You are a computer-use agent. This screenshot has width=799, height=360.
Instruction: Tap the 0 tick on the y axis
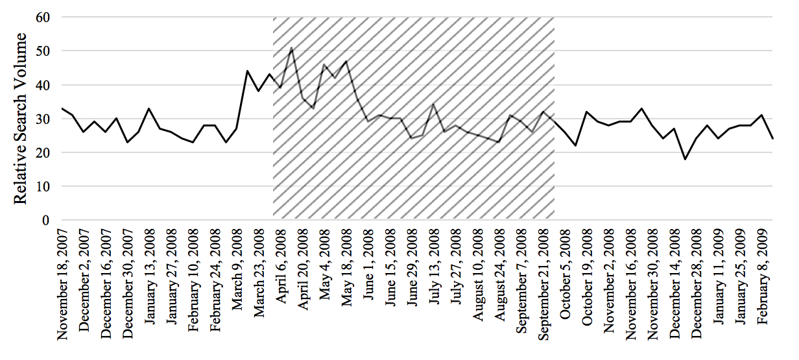[47, 221]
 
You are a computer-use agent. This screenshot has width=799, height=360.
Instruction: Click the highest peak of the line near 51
[292, 47]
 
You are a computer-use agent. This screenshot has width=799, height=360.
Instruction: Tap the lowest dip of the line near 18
[686, 159]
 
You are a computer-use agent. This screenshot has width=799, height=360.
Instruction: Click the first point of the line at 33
[62, 108]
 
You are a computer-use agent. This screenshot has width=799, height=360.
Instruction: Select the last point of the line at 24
[772, 139]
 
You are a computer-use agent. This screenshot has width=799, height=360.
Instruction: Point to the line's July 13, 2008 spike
[434, 104]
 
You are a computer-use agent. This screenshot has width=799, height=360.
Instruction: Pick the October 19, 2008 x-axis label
[588, 279]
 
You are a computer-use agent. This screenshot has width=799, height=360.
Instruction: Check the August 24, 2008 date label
[501, 277]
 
